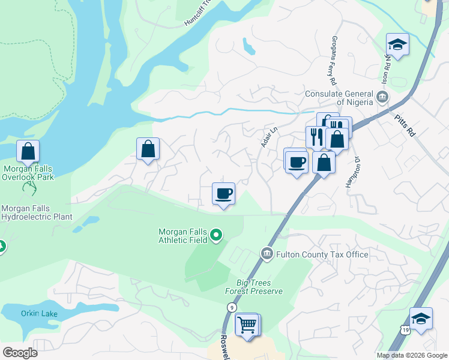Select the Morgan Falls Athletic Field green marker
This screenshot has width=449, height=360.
217,235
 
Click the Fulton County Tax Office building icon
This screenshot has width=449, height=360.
267,254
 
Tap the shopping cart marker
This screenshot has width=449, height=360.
247,325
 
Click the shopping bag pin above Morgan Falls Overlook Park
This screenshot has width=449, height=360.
28,151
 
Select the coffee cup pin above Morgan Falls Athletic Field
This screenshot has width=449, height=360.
223,194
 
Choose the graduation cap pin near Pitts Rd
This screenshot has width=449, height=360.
397,44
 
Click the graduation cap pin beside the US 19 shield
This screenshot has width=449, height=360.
421,319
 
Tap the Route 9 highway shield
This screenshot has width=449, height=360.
231,307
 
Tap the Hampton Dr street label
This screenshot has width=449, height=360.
352,172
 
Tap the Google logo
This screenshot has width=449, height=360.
20,353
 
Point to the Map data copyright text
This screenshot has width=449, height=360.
412,355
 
